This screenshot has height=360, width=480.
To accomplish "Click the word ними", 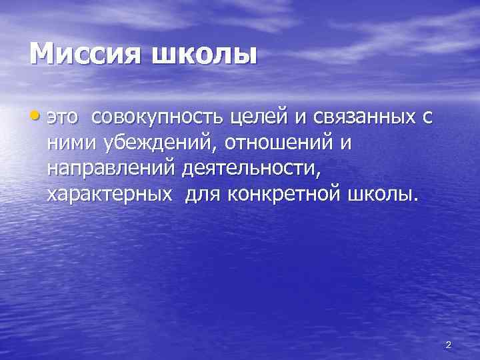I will [x=71, y=144].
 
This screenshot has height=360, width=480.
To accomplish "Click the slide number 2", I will [x=448, y=345].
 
